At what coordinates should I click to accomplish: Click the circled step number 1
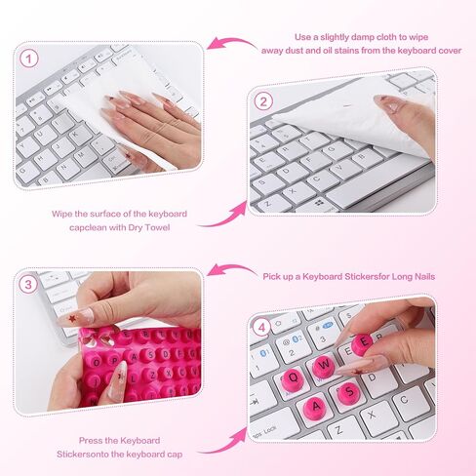coord(29,59)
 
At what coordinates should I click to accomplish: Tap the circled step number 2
coord(263,101)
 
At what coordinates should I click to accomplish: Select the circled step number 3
coord(28,285)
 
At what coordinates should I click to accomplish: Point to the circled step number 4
coord(262,328)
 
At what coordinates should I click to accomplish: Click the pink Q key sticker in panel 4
coord(292,379)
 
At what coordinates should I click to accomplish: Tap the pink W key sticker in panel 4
coord(324,366)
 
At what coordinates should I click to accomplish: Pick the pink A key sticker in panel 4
coord(315,407)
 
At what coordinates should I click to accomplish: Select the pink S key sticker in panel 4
coord(348,392)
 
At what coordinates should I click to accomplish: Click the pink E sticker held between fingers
coord(363,343)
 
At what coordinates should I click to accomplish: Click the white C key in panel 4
coord(404,400)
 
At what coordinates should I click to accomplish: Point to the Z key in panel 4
coord(339,430)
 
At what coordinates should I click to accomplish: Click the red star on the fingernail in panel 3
coord(72,319)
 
